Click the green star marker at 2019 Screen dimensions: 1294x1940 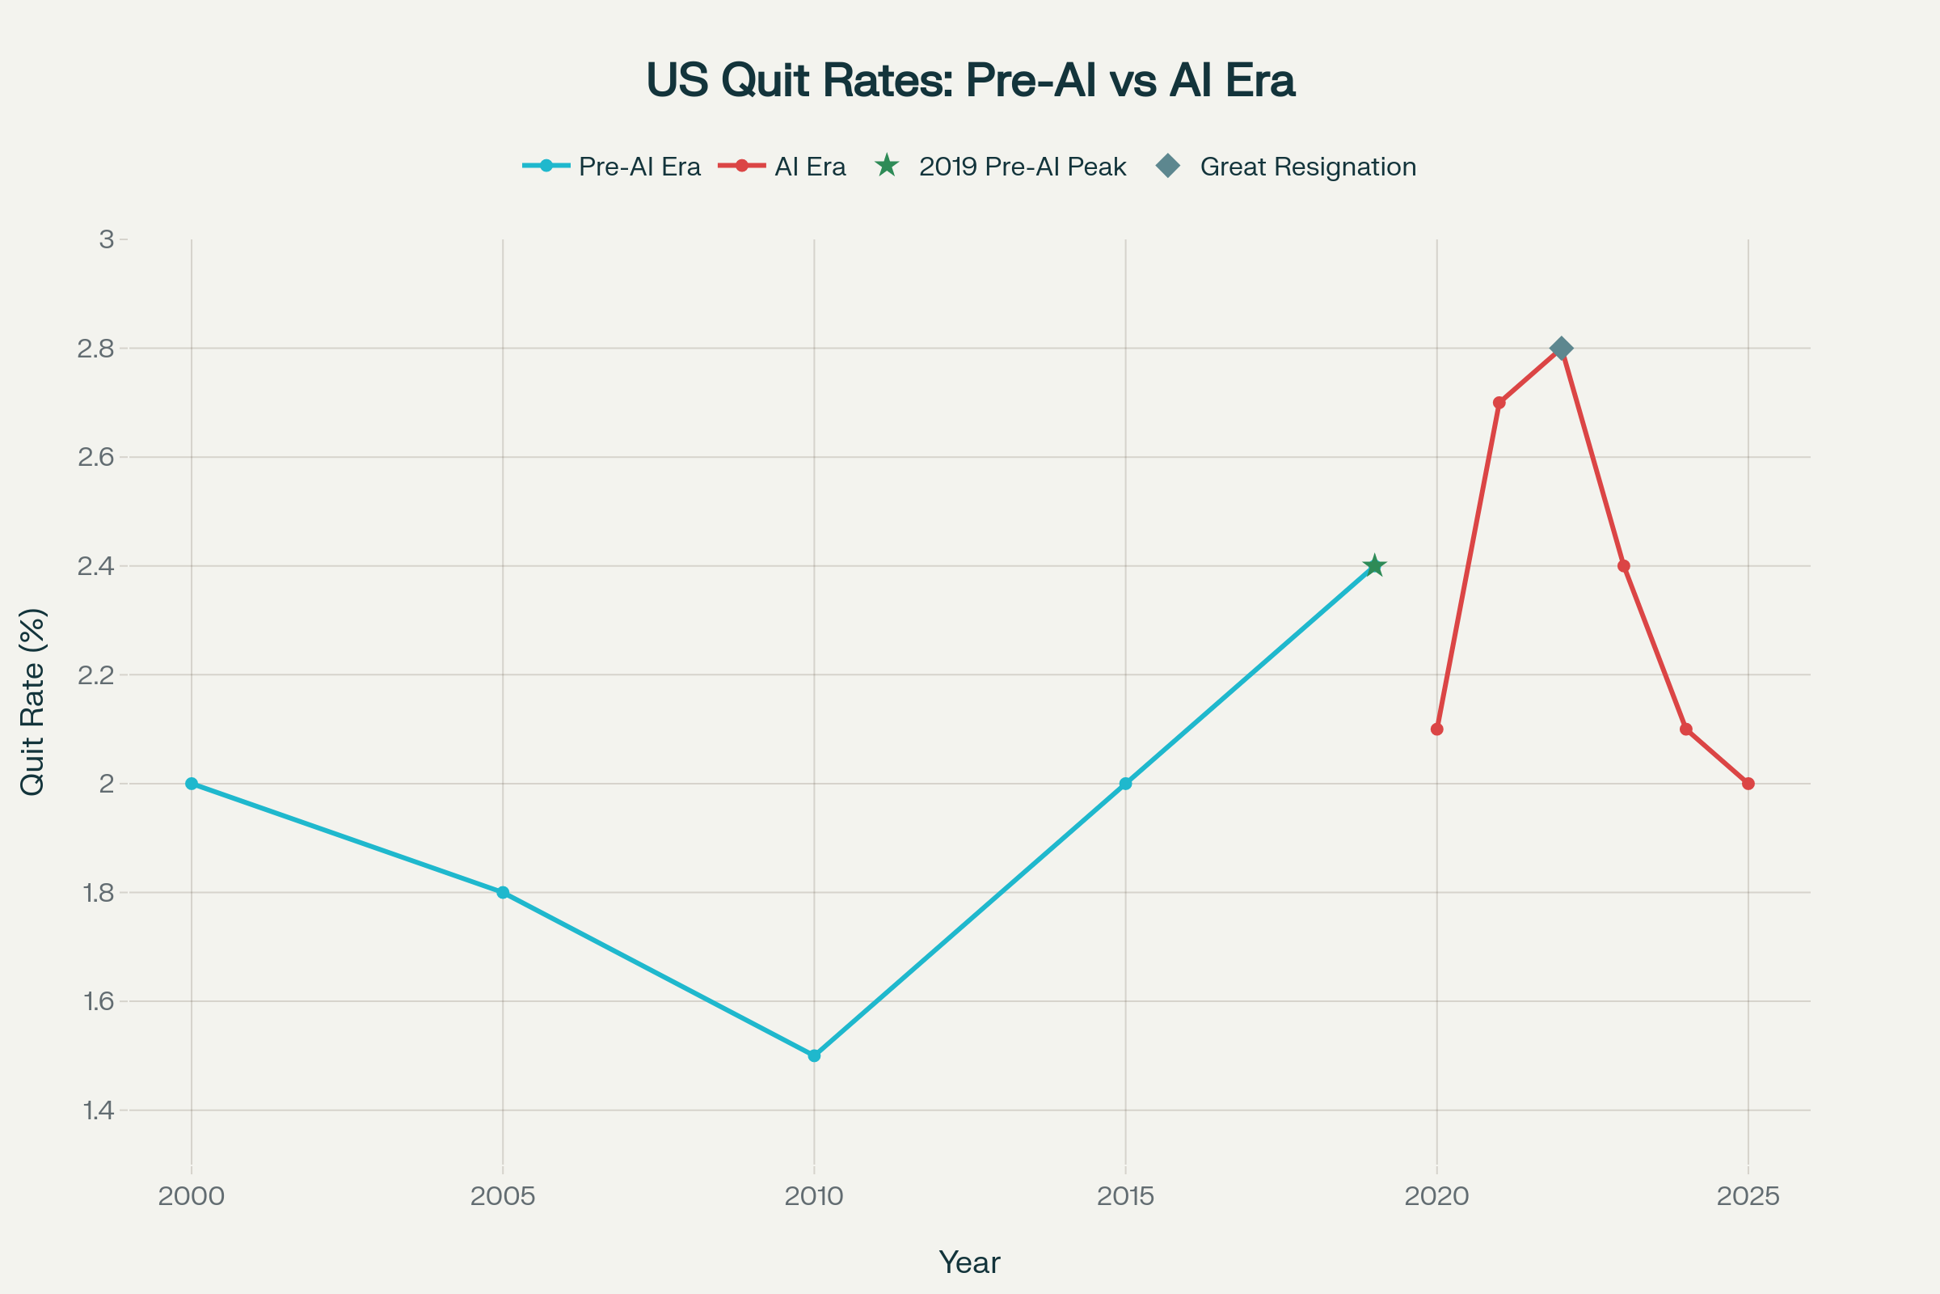[x=1374, y=566]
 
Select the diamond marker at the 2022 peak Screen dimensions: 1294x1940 [x=1561, y=349]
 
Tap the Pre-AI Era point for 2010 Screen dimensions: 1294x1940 [x=814, y=1055]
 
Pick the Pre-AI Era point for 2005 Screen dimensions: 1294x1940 [x=503, y=892]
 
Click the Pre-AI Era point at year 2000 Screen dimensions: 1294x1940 [x=192, y=783]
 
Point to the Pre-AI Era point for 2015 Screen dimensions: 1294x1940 [x=1126, y=783]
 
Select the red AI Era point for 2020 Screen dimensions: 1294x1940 [x=1437, y=729]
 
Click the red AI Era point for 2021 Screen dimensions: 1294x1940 [x=1499, y=403]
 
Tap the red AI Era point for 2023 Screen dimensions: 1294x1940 [x=1624, y=566]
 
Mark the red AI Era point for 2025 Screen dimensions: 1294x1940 [x=1748, y=783]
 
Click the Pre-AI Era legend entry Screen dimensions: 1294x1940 [x=612, y=167]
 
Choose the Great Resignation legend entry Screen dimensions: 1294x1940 [x=1287, y=167]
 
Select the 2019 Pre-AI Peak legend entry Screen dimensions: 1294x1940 [x=1002, y=167]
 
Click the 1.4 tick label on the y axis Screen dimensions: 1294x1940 [x=98, y=1110]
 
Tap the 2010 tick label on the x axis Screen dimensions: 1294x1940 [x=814, y=1197]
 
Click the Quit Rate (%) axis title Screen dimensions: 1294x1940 [x=33, y=702]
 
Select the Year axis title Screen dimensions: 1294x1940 [x=969, y=1262]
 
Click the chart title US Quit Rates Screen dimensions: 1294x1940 [x=970, y=80]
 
